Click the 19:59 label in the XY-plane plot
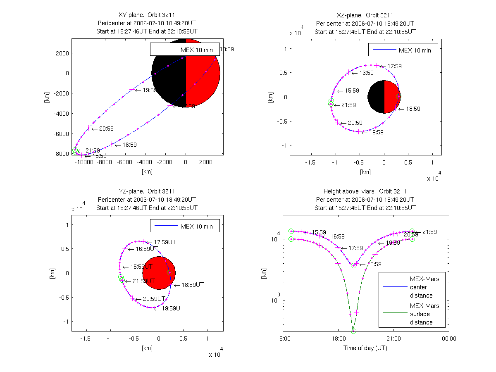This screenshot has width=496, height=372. point(150,90)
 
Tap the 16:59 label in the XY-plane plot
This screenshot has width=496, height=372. point(129,145)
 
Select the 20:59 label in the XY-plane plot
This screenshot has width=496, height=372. point(106,129)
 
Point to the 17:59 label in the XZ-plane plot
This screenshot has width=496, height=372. point(394,66)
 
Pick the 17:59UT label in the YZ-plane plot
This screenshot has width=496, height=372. point(165,242)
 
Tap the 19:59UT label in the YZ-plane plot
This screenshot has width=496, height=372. point(172,308)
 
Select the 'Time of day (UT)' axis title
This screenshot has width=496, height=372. point(365,348)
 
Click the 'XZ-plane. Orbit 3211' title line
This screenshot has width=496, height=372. point(365,15)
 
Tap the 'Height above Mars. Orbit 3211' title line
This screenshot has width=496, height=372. point(365,191)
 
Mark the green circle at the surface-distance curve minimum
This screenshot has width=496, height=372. point(353,331)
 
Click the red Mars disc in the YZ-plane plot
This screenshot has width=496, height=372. point(159,273)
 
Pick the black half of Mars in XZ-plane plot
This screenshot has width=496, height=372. point(376,97)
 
